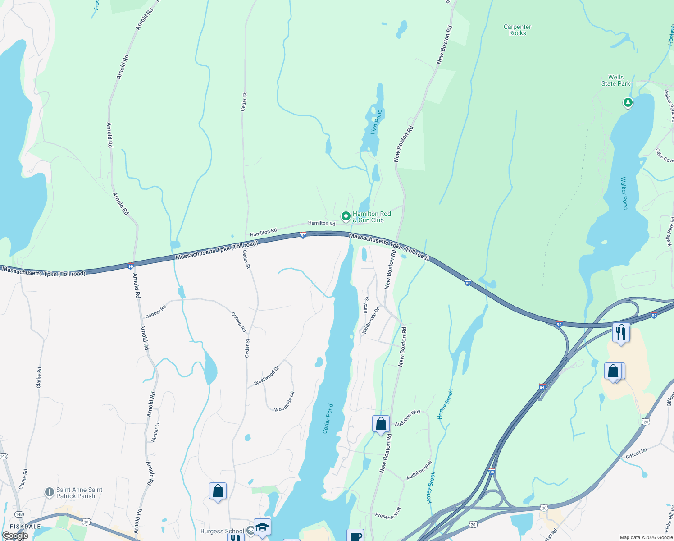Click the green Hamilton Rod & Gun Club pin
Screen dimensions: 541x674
click(x=346, y=217)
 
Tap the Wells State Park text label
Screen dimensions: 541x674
click(x=615, y=80)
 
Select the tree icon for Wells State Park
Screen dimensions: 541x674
click(x=628, y=103)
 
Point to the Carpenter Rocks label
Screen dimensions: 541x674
click(x=517, y=30)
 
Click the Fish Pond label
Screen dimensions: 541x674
click(x=376, y=122)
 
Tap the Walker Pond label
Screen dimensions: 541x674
click(x=624, y=193)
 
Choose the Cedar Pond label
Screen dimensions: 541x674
click(x=328, y=419)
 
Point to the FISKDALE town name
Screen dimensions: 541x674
click(x=25, y=527)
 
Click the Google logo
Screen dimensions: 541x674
click(x=15, y=536)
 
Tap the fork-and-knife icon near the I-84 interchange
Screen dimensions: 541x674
click(x=621, y=334)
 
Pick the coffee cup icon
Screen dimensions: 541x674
click(x=355, y=536)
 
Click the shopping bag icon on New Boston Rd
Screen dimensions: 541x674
click(x=381, y=424)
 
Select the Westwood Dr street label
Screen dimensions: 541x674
click(x=266, y=376)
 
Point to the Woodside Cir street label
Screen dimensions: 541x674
click(x=284, y=402)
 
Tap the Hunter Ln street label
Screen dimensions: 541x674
click(x=155, y=431)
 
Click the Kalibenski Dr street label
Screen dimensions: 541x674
click(x=370, y=321)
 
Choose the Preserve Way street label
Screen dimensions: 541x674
click(x=388, y=513)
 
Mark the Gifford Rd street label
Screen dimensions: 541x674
click(x=636, y=454)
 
